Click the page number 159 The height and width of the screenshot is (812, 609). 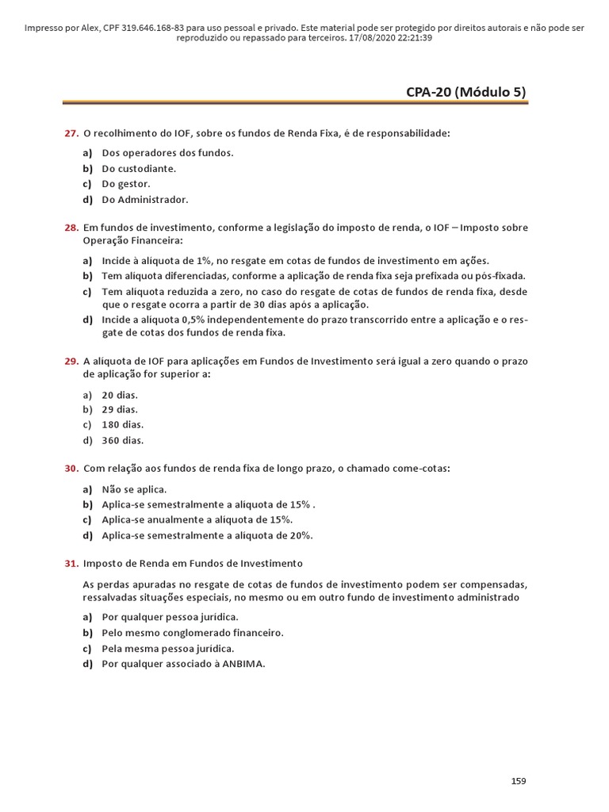click(518, 781)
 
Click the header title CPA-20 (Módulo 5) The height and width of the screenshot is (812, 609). click(465, 92)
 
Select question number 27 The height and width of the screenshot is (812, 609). click(71, 133)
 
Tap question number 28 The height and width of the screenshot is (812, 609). click(71, 228)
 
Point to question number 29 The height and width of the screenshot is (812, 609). click(71, 362)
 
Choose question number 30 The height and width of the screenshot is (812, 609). click(71, 469)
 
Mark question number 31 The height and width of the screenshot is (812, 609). click(71, 563)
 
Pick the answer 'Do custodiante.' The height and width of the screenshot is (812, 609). click(139, 169)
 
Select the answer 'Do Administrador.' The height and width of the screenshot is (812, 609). click(145, 200)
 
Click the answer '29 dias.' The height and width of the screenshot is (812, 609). click(120, 410)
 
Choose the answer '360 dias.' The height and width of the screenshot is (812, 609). click(123, 441)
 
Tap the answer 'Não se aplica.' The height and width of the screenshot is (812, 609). click(134, 489)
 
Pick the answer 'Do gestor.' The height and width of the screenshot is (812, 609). click(126, 184)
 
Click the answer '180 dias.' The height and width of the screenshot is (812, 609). click(123, 425)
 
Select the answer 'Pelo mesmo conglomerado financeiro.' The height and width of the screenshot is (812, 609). click(193, 633)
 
